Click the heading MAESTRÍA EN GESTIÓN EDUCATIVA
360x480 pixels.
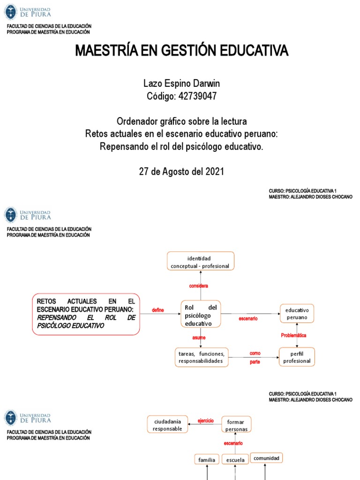pos(182,51)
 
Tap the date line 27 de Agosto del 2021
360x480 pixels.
pos(181,172)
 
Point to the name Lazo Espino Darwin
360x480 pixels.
pos(181,83)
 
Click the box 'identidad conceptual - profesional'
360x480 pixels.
pos(201,262)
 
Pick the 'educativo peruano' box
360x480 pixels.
pos(297,314)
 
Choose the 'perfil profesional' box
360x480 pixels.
pos(297,357)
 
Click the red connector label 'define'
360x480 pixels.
pos(158,310)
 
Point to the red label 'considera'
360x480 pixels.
pos(198,286)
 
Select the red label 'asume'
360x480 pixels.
pos(199,337)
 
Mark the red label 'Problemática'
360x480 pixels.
pos(294,335)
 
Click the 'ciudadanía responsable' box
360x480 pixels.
pos(167,425)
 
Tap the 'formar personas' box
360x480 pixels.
pos(236,425)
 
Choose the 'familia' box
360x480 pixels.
pos(207,460)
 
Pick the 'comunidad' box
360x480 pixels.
pos(266,457)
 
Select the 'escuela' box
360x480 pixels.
pos(235,460)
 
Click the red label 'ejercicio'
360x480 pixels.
pos(205,420)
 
